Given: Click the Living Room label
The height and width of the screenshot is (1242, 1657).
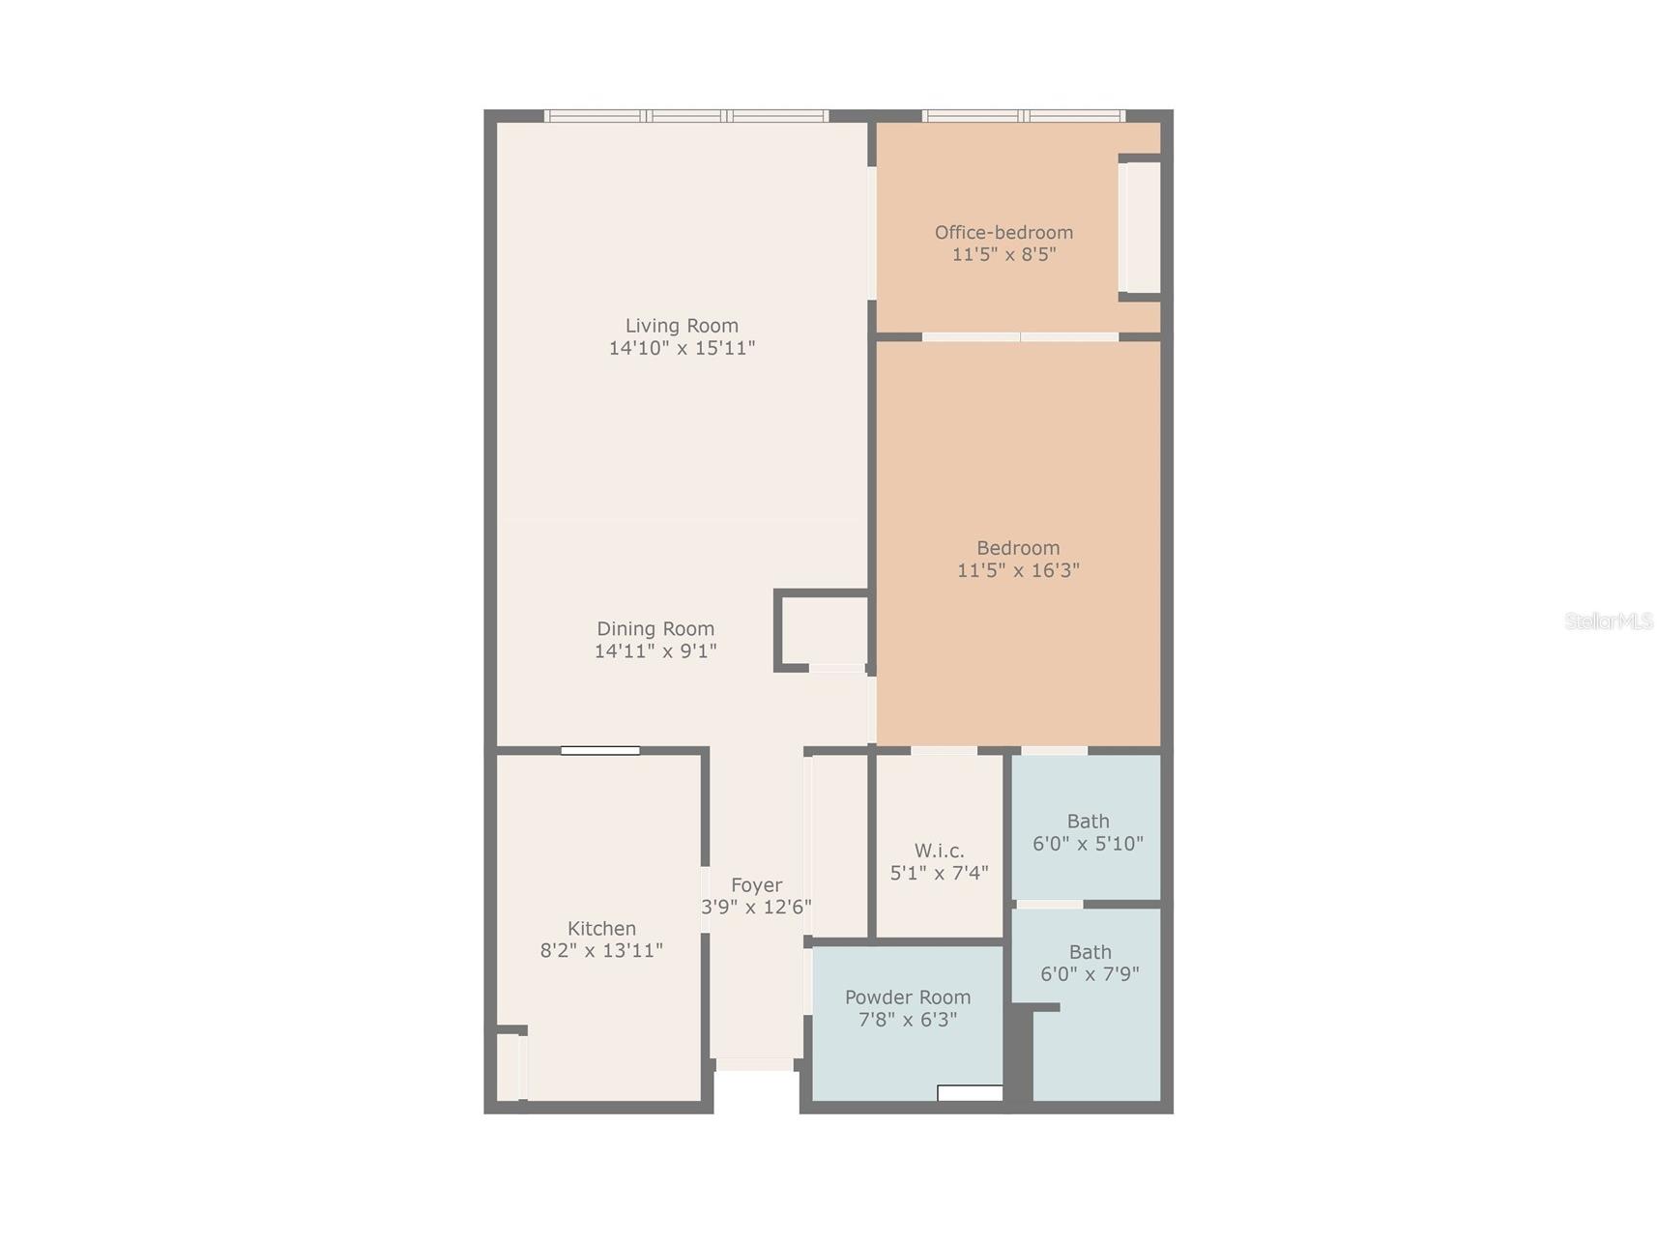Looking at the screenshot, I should click(682, 326).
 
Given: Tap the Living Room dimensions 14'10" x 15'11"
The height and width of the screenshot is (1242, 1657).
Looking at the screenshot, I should click(682, 348).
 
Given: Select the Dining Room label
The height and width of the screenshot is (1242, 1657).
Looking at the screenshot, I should click(655, 628).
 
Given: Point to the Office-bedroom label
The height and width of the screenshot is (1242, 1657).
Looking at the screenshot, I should click(1003, 232).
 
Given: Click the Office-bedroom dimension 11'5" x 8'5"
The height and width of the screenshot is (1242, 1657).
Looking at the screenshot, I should click(1003, 254).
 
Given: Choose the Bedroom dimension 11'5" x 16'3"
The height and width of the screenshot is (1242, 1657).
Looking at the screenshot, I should click(1018, 570).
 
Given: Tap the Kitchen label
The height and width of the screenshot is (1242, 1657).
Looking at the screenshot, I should click(601, 928).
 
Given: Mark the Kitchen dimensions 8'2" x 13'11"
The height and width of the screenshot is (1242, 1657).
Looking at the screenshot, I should click(601, 950).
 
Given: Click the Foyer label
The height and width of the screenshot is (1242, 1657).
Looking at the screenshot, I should click(756, 884).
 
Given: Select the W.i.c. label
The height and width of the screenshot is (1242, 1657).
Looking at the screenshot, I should click(939, 851).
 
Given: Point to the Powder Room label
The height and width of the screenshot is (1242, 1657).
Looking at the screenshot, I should click(908, 996).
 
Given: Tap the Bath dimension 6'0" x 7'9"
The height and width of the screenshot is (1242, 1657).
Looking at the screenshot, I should click(1090, 974).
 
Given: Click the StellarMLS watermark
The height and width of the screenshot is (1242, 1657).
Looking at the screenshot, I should click(1609, 621).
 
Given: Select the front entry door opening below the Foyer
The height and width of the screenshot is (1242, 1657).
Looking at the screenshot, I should click(755, 1064).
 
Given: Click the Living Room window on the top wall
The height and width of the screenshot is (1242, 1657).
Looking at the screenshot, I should click(685, 116).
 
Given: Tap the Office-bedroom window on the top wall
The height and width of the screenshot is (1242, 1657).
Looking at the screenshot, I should click(1023, 116).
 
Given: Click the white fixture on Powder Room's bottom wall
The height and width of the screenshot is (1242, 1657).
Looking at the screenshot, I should click(970, 1093).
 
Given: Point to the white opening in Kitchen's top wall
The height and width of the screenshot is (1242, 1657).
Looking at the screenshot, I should click(600, 751).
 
